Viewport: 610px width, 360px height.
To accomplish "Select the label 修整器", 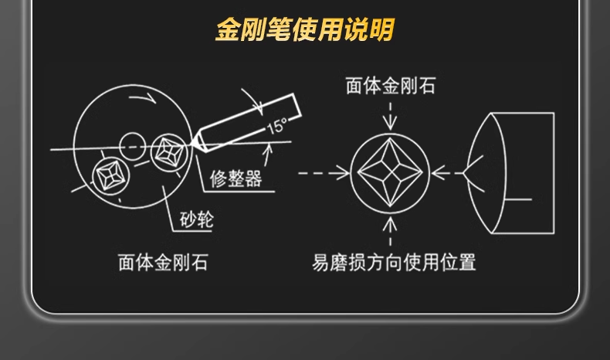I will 236,180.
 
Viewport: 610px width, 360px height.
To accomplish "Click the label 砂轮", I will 196,221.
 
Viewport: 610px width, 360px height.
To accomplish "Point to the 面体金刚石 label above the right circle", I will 391,86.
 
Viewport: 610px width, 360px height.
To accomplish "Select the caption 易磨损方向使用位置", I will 394,263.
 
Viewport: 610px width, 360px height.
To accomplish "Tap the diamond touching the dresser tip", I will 169,152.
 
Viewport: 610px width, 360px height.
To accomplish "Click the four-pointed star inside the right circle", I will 391,172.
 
